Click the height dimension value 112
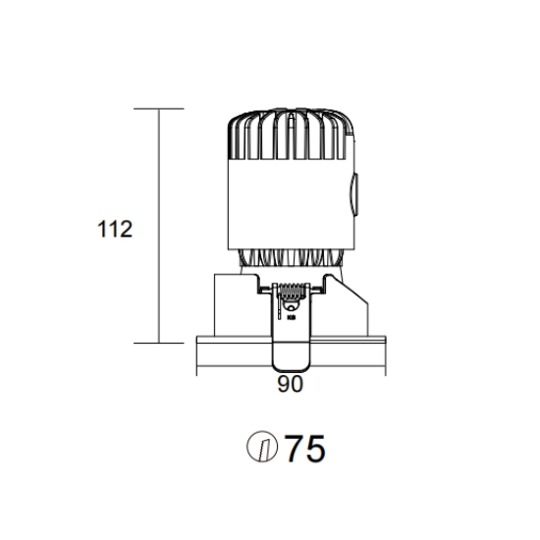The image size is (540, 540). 115,229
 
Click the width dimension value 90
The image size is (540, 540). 290,384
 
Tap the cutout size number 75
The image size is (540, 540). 305,448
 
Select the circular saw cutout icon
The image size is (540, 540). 262,447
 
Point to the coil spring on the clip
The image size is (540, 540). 292,292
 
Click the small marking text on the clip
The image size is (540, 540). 292,317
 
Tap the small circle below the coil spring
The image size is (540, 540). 292,307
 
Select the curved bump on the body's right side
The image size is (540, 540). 354,194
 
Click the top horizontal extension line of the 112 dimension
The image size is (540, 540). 159,108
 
